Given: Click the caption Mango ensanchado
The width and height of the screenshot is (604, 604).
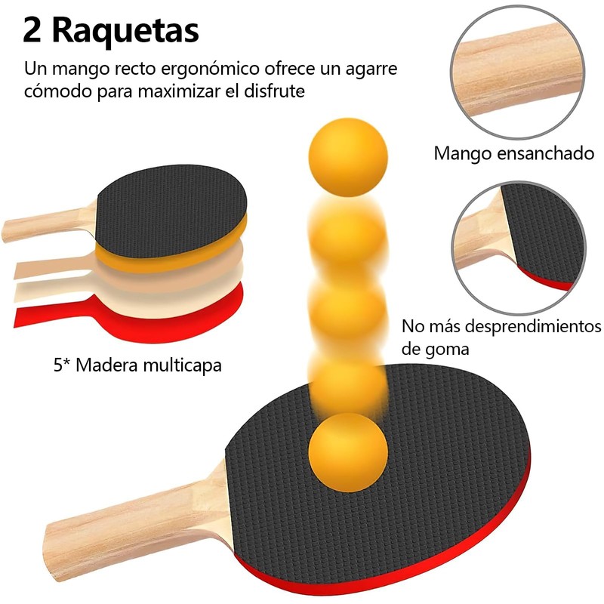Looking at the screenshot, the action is pos(513,153).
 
